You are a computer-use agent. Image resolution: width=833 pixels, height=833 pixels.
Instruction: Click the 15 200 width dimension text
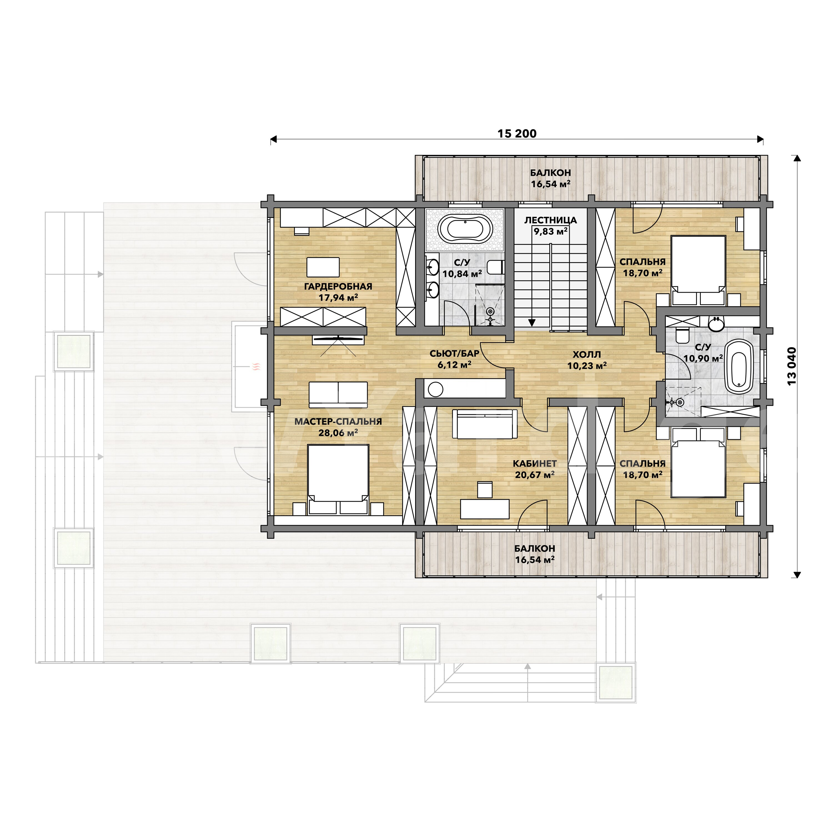[x=517, y=134]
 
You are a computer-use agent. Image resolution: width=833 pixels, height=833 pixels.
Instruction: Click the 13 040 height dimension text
[x=792, y=366]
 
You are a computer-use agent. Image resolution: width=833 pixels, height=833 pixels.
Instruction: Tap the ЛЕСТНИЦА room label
[x=551, y=220]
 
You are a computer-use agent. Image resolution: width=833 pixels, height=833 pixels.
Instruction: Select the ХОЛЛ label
[x=587, y=354]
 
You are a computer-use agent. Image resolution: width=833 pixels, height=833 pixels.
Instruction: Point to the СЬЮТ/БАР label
[x=455, y=353]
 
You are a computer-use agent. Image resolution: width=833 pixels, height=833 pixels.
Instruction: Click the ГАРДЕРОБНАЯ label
[x=338, y=286]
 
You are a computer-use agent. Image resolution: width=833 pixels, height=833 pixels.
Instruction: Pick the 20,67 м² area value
[x=535, y=475]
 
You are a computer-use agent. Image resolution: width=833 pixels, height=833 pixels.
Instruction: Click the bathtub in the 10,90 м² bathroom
[x=739, y=367]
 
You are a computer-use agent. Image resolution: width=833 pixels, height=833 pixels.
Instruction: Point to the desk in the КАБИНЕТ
[x=485, y=509]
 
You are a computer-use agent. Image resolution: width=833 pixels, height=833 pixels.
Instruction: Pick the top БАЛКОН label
[x=551, y=172]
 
